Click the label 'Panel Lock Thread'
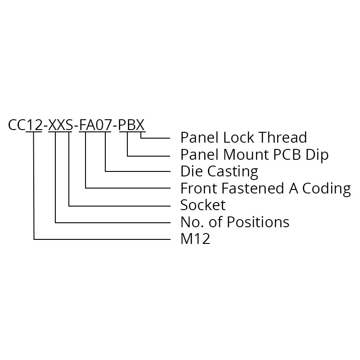pos(237,137)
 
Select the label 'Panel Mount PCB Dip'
pos(254,154)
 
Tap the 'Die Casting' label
pos(219,171)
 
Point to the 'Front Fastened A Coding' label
pos(265,188)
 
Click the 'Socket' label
pos(203,205)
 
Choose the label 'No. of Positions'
pos(234,222)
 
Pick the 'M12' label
pos(195,239)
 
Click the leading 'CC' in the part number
pos(17,125)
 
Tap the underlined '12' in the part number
pos(34,125)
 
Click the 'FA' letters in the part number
pos(86,125)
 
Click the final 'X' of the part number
pos(140,125)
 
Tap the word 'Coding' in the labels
pos(328,189)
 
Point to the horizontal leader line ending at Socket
pos(119,206)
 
